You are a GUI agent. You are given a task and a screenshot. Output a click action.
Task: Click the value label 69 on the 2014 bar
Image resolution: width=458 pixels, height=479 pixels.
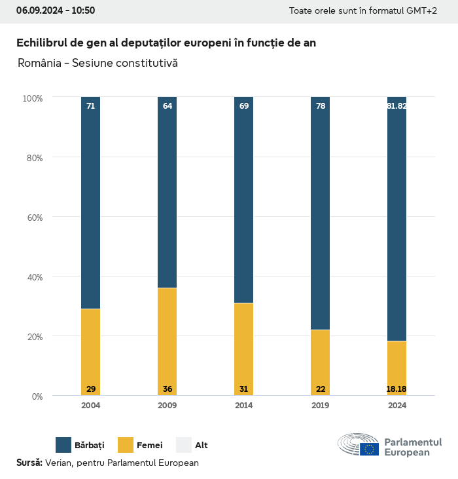click(244, 105)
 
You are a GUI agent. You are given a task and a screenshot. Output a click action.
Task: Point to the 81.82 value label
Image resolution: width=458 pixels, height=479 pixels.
click(396, 105)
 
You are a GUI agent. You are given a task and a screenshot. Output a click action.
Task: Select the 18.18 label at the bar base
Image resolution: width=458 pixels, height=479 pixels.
click(396, 389)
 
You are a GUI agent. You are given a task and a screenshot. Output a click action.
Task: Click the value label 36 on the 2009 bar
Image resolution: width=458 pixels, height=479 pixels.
click(167, 389)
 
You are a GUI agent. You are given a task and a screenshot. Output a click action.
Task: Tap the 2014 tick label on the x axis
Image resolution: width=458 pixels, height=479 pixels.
click(244, 406)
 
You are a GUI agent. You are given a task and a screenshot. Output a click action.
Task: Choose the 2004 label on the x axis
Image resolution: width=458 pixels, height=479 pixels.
click(91, 406)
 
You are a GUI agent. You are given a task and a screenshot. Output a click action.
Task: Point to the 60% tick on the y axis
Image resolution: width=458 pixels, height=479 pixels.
click(33, 217)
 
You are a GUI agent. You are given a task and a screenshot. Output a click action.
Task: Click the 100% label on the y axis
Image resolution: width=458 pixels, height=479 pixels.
click(32, 98)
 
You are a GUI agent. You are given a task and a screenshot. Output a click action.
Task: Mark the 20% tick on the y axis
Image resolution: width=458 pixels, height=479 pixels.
click(33, 336)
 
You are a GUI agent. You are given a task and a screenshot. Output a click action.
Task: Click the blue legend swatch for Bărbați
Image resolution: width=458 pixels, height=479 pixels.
click(63, 445)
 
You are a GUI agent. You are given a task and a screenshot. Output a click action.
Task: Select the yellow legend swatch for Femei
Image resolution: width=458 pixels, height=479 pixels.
click(126, 445)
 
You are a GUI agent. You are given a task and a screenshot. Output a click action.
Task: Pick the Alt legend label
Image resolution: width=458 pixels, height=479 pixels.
click(202, 446)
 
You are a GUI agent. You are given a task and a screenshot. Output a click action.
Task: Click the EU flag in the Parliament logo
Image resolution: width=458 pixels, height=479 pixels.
click(369, 450)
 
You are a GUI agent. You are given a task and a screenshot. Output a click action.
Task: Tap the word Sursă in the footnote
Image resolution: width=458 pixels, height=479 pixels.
click(29, 463)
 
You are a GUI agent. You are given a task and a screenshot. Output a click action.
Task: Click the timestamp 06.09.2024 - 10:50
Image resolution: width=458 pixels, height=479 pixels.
click(56, 10)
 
